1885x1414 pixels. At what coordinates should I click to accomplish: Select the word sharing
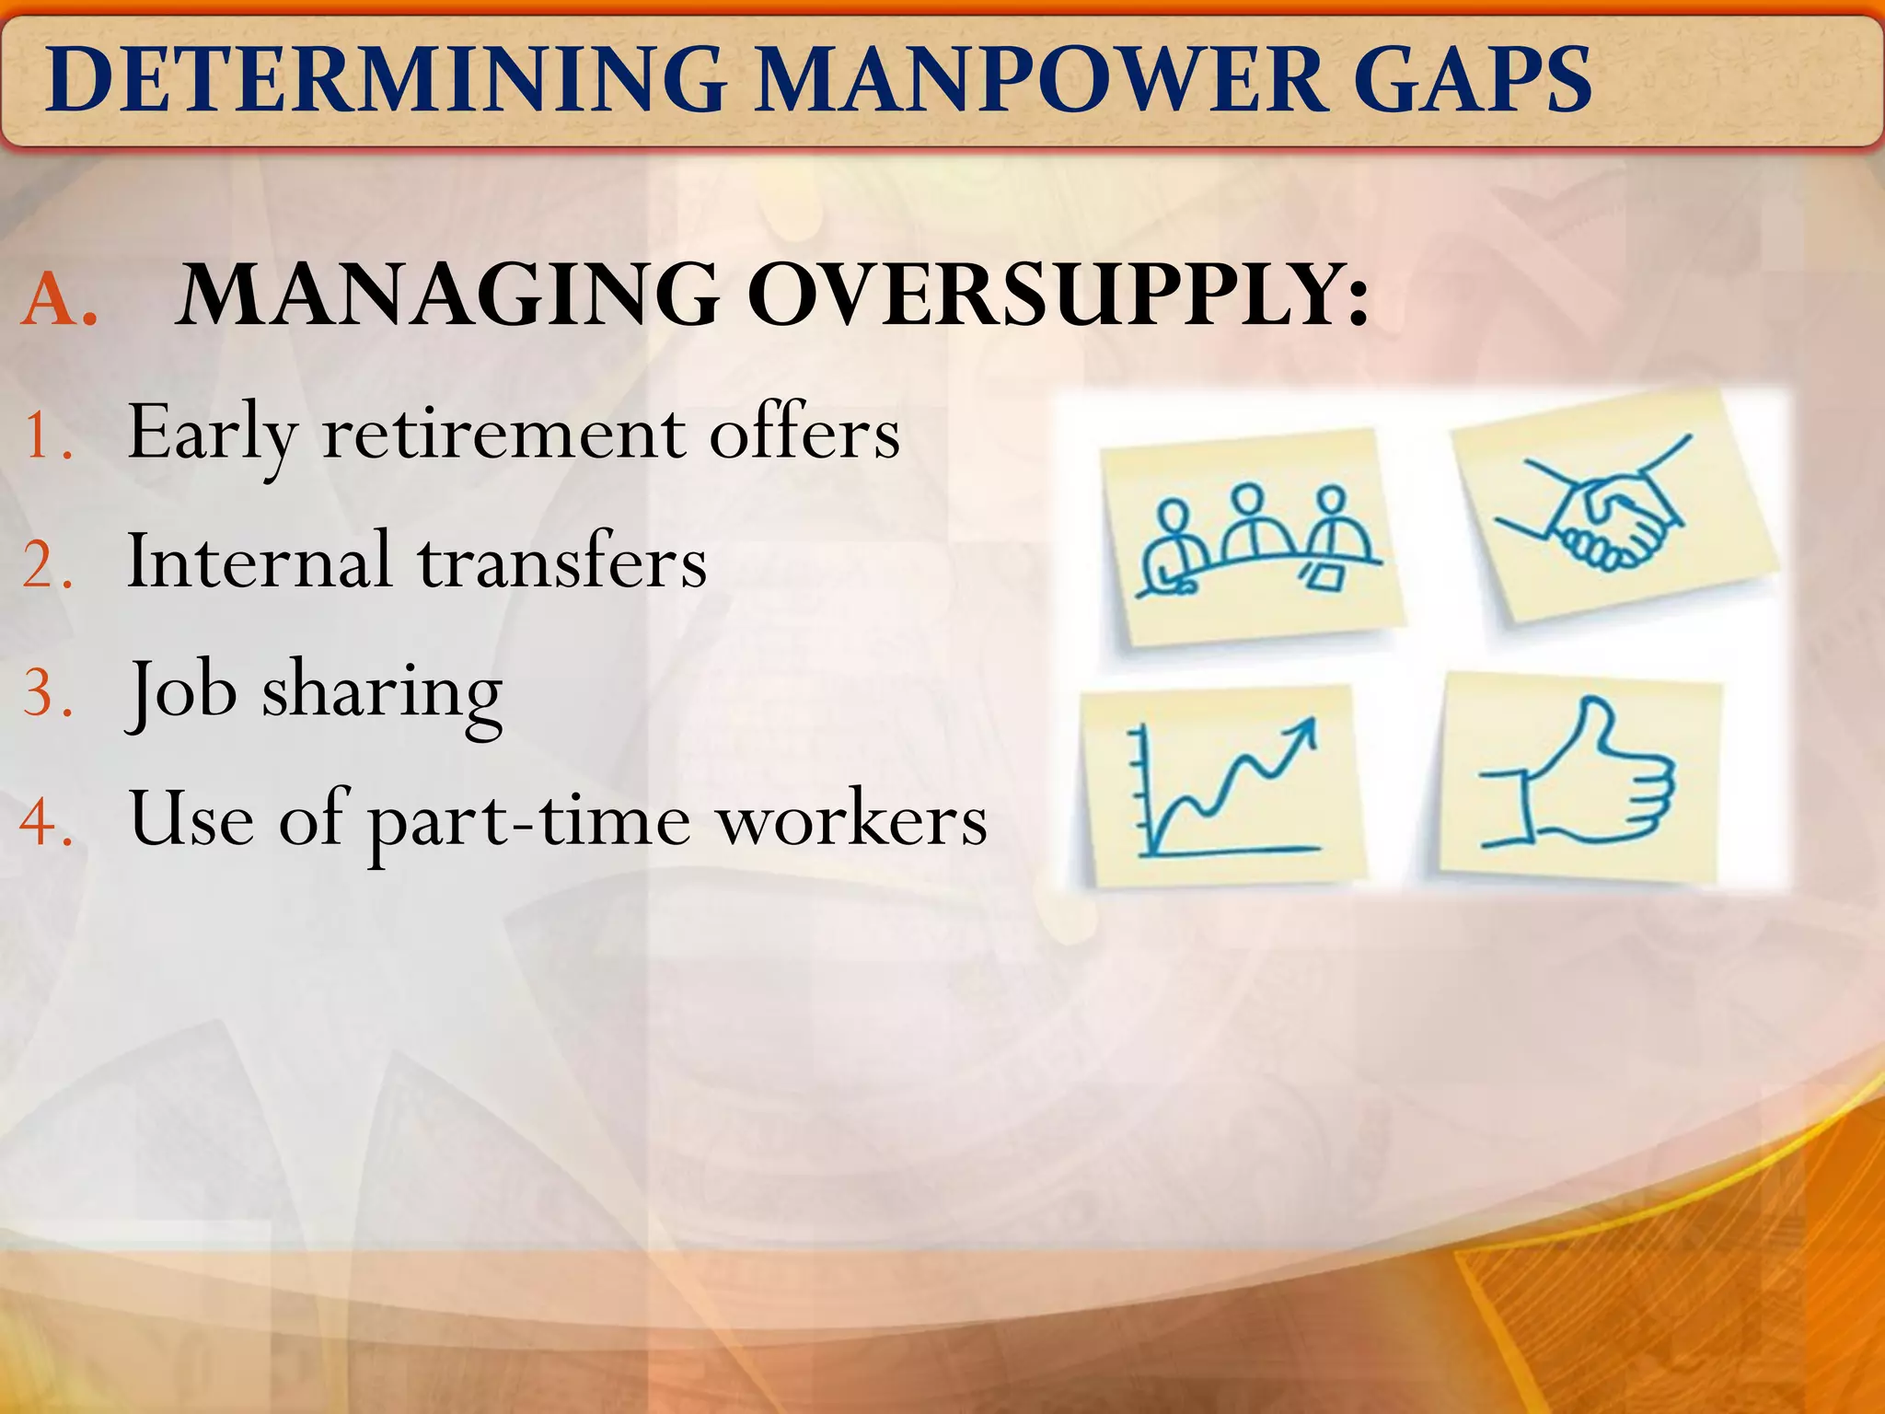[382, 692]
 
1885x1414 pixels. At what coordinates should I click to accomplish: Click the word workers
[852, 819]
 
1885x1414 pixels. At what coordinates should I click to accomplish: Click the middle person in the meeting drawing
[1249, 525]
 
